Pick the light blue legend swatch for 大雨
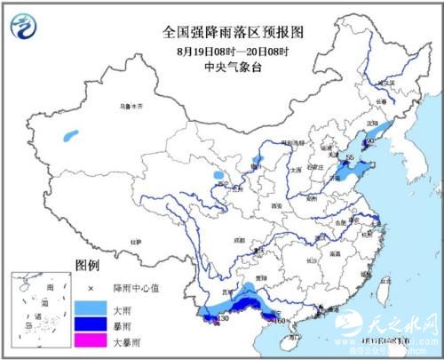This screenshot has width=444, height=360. tap(87, 307)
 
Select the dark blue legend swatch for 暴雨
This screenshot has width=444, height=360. tap(87, 324)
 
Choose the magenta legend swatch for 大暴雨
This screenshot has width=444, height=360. tap(87, 340)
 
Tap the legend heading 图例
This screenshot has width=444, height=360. tap(86, 266)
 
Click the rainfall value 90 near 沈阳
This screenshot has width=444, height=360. tap(371, 140)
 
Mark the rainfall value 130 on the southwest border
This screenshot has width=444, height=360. tap(223, 318)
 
